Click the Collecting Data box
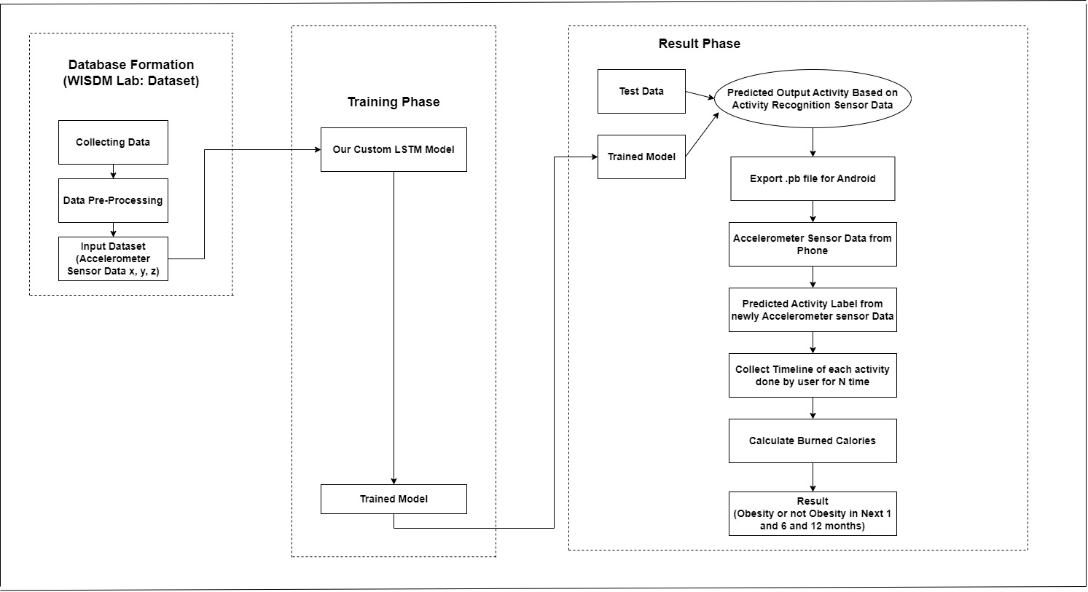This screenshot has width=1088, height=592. click(x=113, y=142)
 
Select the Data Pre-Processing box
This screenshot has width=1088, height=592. click(x=113, y=200)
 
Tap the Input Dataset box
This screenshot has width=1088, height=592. click(x=113, y=259)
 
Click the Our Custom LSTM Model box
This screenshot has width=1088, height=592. click(x=394, y=150)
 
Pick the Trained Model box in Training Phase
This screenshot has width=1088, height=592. click(x=394, y=499)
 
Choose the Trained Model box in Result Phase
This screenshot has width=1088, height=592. click(x=641, y=157)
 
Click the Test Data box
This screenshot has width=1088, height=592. click(x=641, y=92)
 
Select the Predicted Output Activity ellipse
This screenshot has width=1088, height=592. click(x=813, y=99)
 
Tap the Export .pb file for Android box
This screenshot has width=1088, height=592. click(x=813, y=178)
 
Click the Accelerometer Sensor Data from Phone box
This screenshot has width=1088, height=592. click(x=813, y=245)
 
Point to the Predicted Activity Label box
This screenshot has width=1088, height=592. click(x=813, y=309)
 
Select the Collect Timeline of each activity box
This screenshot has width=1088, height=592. click(x=813, y=375)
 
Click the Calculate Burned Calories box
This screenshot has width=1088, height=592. click(x=813, y=441)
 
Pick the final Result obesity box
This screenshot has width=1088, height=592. click(x=813, y=513)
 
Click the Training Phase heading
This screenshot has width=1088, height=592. click(x=394, y=102)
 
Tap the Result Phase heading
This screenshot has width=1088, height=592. click(x=699, y=44)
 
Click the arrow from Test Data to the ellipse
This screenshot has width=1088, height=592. click(x=700, y=96)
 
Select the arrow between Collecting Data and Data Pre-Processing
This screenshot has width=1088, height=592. click(x=113, y=172)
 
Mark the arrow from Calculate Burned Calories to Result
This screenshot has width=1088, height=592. click(x=813, y=478)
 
